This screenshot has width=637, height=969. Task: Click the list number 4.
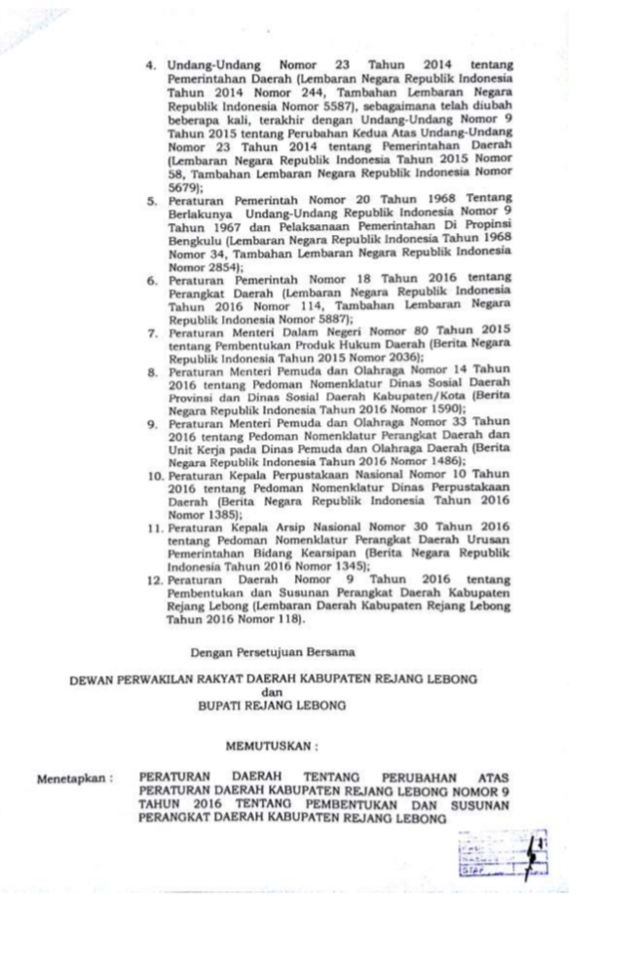pyautogui.click(x=151, y=66)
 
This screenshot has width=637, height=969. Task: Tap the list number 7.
pyautogui.click(x=153, y=333)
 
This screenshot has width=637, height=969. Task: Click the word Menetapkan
pyautogui.click(x=74, y=780)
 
